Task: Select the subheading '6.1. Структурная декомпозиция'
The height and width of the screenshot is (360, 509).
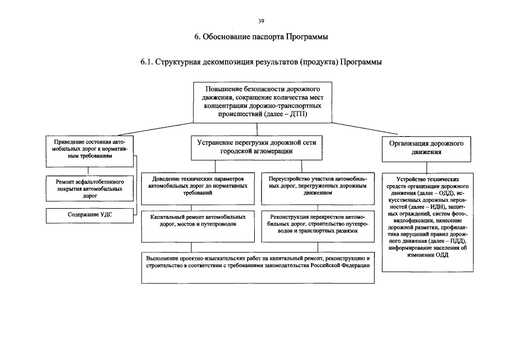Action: tap(262, 62)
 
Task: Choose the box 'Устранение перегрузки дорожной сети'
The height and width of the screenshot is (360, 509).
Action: tap(256, 147)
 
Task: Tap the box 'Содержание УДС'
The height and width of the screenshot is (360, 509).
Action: tap(89, 214)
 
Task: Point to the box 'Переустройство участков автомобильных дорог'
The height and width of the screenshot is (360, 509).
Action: tap(318, 186)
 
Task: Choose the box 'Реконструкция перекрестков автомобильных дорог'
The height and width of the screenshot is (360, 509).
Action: tap(318, 223)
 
